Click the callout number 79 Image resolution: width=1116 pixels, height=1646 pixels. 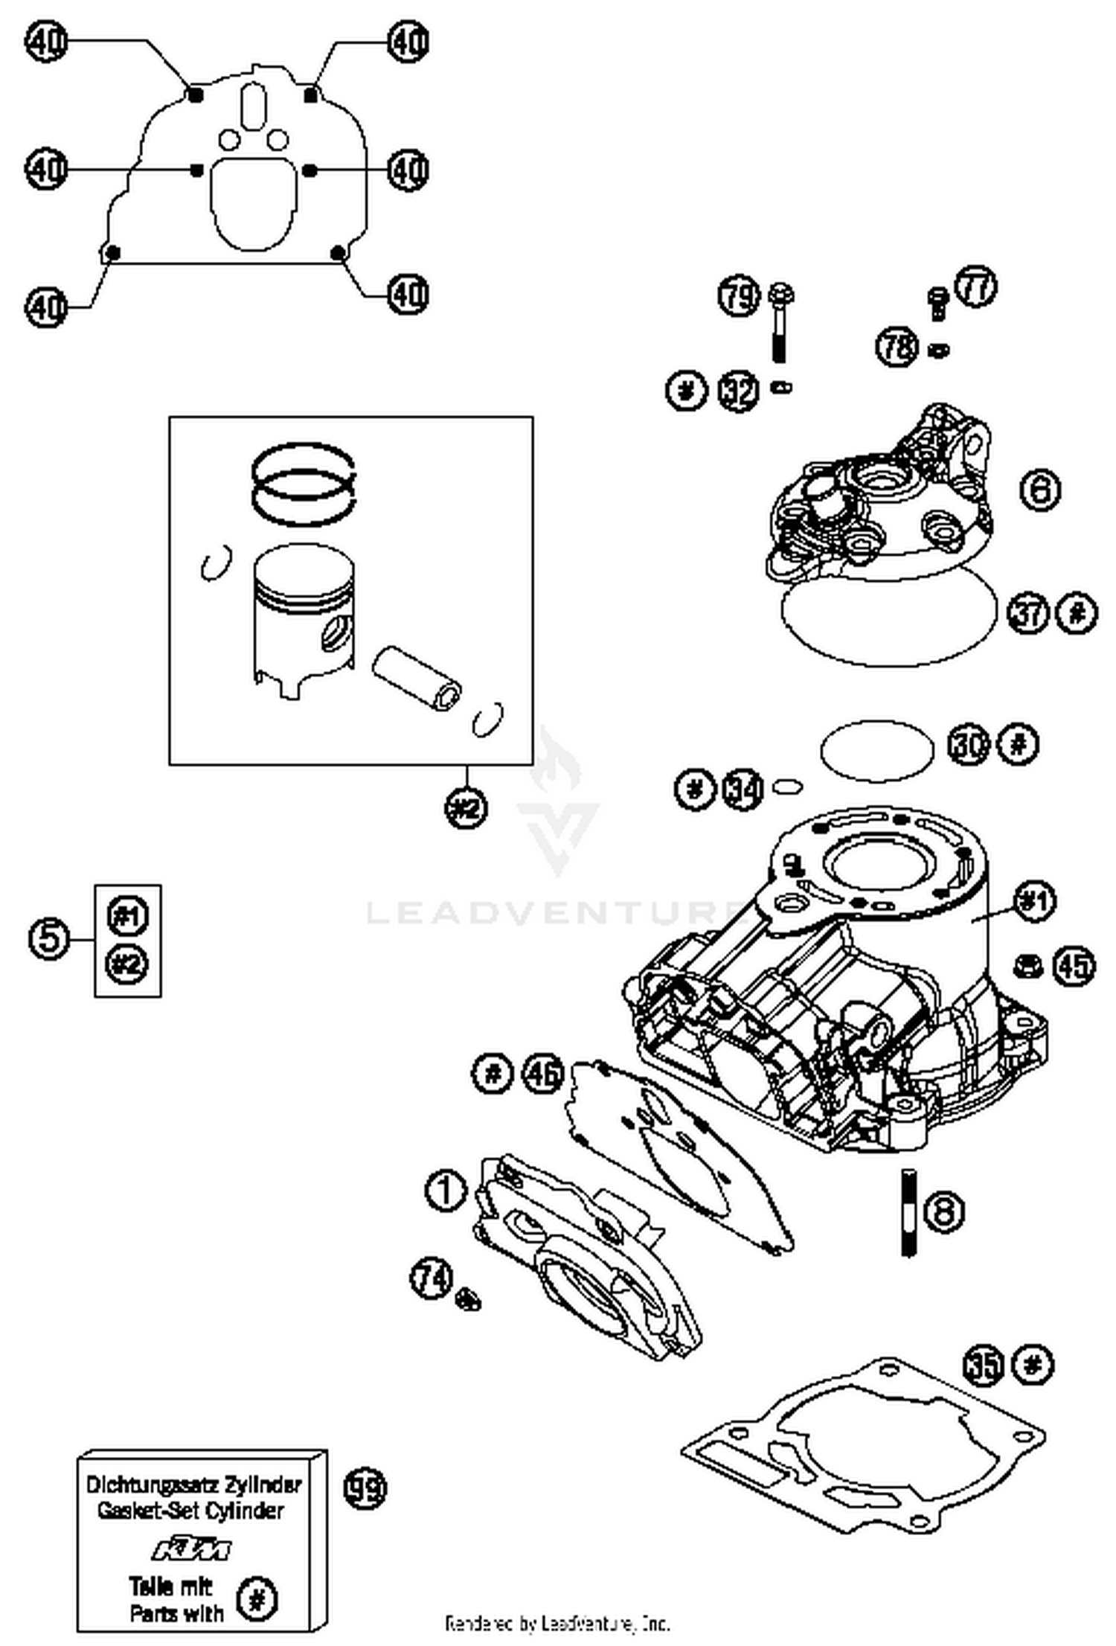tap(738, 296)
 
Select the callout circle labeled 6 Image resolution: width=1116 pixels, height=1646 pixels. tap(1039, 490)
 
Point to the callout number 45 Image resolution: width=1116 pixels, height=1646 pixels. tap(1074, 967)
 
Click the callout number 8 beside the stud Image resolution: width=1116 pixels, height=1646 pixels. tap(943, 1211)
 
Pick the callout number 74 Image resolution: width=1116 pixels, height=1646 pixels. tap(432, 1278)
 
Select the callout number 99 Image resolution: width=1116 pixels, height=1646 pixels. tap(365, 1488)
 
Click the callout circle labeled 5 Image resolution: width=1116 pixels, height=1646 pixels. tap(49, 938)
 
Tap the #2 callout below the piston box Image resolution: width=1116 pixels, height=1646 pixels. tap(467, 807)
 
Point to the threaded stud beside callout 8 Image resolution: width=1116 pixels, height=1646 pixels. tap(908, 1213)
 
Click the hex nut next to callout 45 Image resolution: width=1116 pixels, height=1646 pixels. tap(1027, 967)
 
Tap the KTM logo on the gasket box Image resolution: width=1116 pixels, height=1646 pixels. tap(192, 1549)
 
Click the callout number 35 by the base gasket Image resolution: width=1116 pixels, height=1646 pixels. tap(984, 1365)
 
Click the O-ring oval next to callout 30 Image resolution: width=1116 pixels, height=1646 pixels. tap(876, 751)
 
